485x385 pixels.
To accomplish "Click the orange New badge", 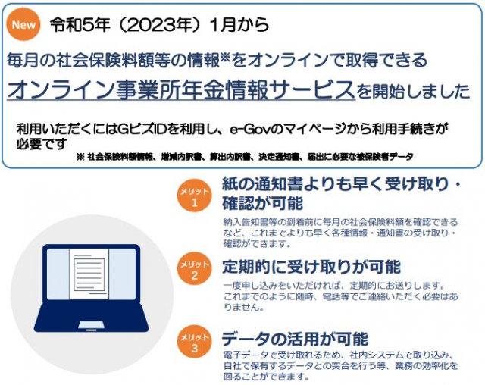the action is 23,24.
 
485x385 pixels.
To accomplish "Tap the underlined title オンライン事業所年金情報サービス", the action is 181,90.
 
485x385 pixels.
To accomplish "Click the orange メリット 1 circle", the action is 194,196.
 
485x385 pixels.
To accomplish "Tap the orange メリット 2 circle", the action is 194,268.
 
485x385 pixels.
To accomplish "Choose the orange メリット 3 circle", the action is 194,341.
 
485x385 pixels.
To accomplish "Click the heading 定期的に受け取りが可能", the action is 311,267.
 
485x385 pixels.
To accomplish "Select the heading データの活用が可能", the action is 295,339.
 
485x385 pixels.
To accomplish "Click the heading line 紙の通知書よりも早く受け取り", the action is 336,185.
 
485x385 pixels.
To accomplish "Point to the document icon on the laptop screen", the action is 89,274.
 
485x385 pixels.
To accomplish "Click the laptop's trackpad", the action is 91,325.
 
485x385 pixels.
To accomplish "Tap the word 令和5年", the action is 80,25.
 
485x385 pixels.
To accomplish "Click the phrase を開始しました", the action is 413,92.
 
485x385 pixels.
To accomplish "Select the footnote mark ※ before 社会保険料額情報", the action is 80,157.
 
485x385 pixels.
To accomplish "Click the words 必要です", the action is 42,144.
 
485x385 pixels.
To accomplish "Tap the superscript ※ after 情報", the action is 225,56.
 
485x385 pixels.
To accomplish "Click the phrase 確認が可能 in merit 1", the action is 263,203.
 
